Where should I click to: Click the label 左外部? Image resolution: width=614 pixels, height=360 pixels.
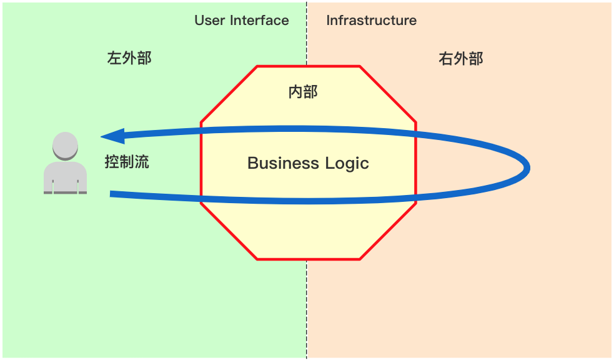129,59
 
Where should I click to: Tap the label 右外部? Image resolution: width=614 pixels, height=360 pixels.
461,59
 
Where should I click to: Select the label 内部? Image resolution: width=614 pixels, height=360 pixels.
303,92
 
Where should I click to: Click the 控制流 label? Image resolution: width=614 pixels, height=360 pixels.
127,162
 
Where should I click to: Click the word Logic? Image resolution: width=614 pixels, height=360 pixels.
347,164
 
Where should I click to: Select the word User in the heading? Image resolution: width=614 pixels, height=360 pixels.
209,21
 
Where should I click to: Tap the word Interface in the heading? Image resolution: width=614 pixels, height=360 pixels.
259,21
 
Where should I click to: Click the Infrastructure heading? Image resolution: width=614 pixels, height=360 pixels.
371,21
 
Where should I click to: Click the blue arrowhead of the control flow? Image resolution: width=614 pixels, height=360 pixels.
112,136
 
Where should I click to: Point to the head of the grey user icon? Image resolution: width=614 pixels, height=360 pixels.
65,145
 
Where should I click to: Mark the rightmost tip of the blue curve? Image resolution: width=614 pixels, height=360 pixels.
528,167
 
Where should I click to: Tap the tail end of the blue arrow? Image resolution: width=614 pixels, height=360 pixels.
112,194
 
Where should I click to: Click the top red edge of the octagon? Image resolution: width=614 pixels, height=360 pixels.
309,66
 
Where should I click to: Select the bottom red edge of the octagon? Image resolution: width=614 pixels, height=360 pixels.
309,259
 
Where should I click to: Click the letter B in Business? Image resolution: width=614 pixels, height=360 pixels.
253,164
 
